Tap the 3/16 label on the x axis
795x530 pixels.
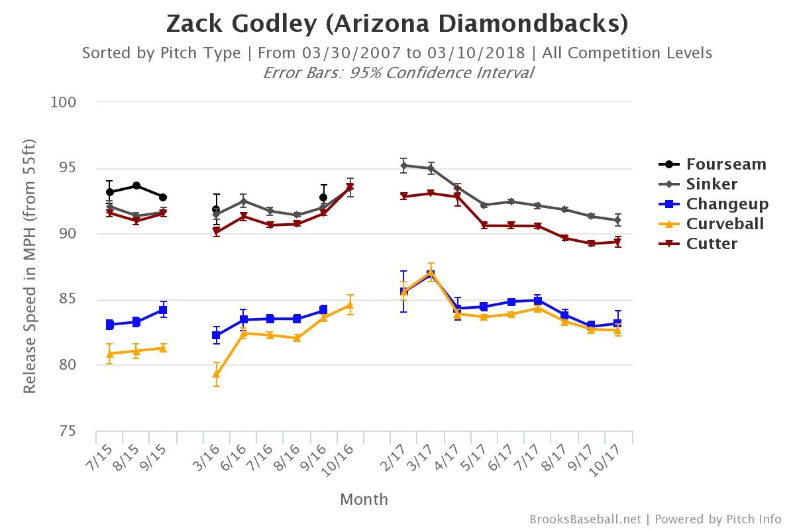pos(211,458)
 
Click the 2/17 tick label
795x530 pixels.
pos(399,458)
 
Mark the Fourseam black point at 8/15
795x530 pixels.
pos(136,185)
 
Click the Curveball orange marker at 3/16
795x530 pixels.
pos(217,374)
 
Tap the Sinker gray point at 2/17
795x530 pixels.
pos(403,166)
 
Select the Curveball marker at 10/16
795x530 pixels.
pos(350,305)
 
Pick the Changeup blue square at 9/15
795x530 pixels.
pos(163,310)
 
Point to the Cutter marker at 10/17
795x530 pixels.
pos(617,242)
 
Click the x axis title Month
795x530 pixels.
pos(364,500)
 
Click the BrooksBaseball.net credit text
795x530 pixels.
pos(585,519)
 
